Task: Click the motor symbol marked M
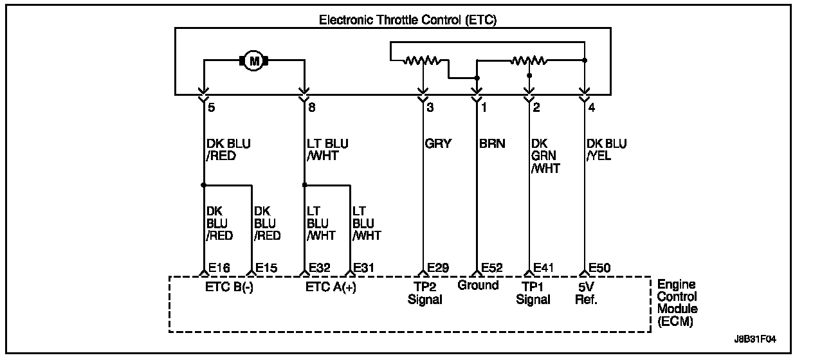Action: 253,61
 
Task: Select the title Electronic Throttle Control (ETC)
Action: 408,20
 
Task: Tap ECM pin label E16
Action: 219,268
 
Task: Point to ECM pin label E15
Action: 267,268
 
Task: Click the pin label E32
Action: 320,268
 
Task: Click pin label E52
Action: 492,268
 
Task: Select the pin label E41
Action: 545,268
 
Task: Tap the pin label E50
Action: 599,268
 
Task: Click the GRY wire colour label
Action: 439,144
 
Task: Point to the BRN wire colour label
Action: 492,144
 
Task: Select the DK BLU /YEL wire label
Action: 607,150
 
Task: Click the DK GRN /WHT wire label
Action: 545,156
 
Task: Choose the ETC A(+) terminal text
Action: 331,287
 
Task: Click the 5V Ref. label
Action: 586,293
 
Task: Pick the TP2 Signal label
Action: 425,293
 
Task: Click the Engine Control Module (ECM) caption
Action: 677,303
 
